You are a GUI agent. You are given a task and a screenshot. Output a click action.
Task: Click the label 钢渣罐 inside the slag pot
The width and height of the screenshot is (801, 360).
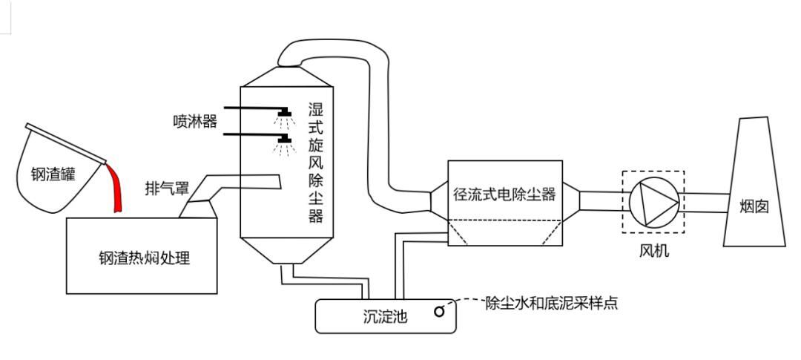point(53,175)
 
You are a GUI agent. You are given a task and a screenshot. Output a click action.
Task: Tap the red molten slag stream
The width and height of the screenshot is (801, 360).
point(116,187)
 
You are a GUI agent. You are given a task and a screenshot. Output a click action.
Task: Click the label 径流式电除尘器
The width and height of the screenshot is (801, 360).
point(504,194)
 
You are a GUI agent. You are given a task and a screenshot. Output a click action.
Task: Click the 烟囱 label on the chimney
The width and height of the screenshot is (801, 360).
point(754,207)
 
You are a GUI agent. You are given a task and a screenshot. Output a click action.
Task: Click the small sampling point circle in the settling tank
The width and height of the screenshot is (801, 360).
point(439,311)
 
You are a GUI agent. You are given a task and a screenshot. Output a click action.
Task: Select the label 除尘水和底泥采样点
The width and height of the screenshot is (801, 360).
point(552,304)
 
